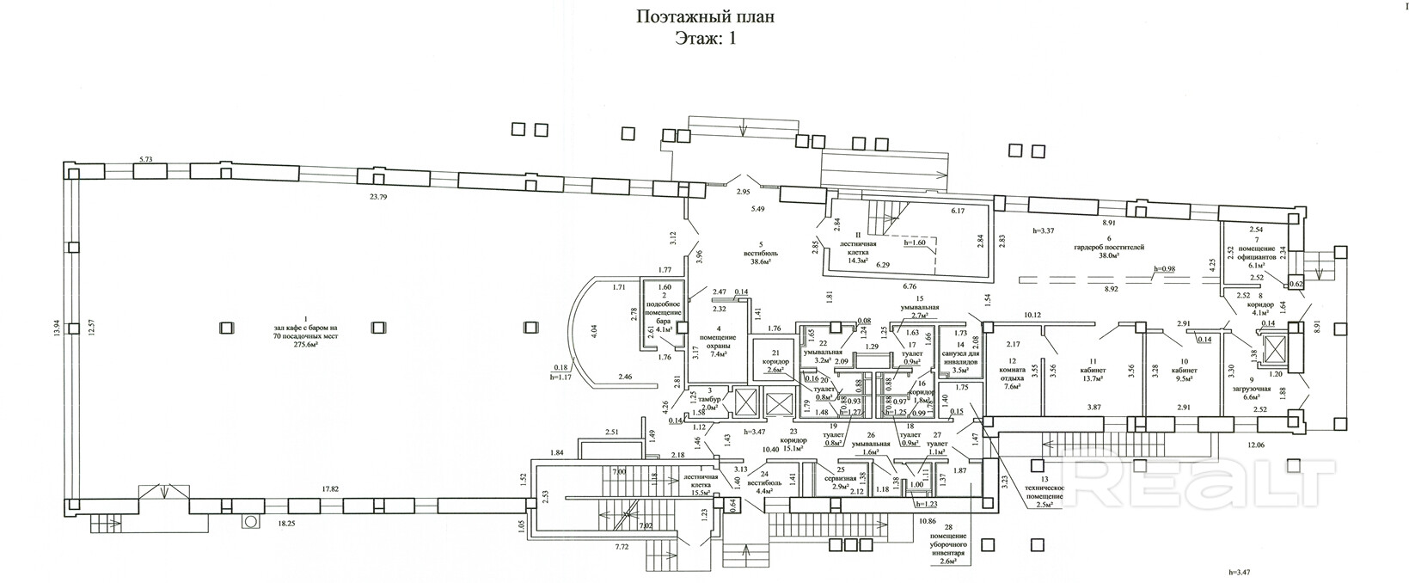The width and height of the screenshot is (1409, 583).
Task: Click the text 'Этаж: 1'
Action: (x=705, y=38)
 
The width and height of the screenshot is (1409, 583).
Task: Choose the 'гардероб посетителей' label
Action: (x=1110, y=246)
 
